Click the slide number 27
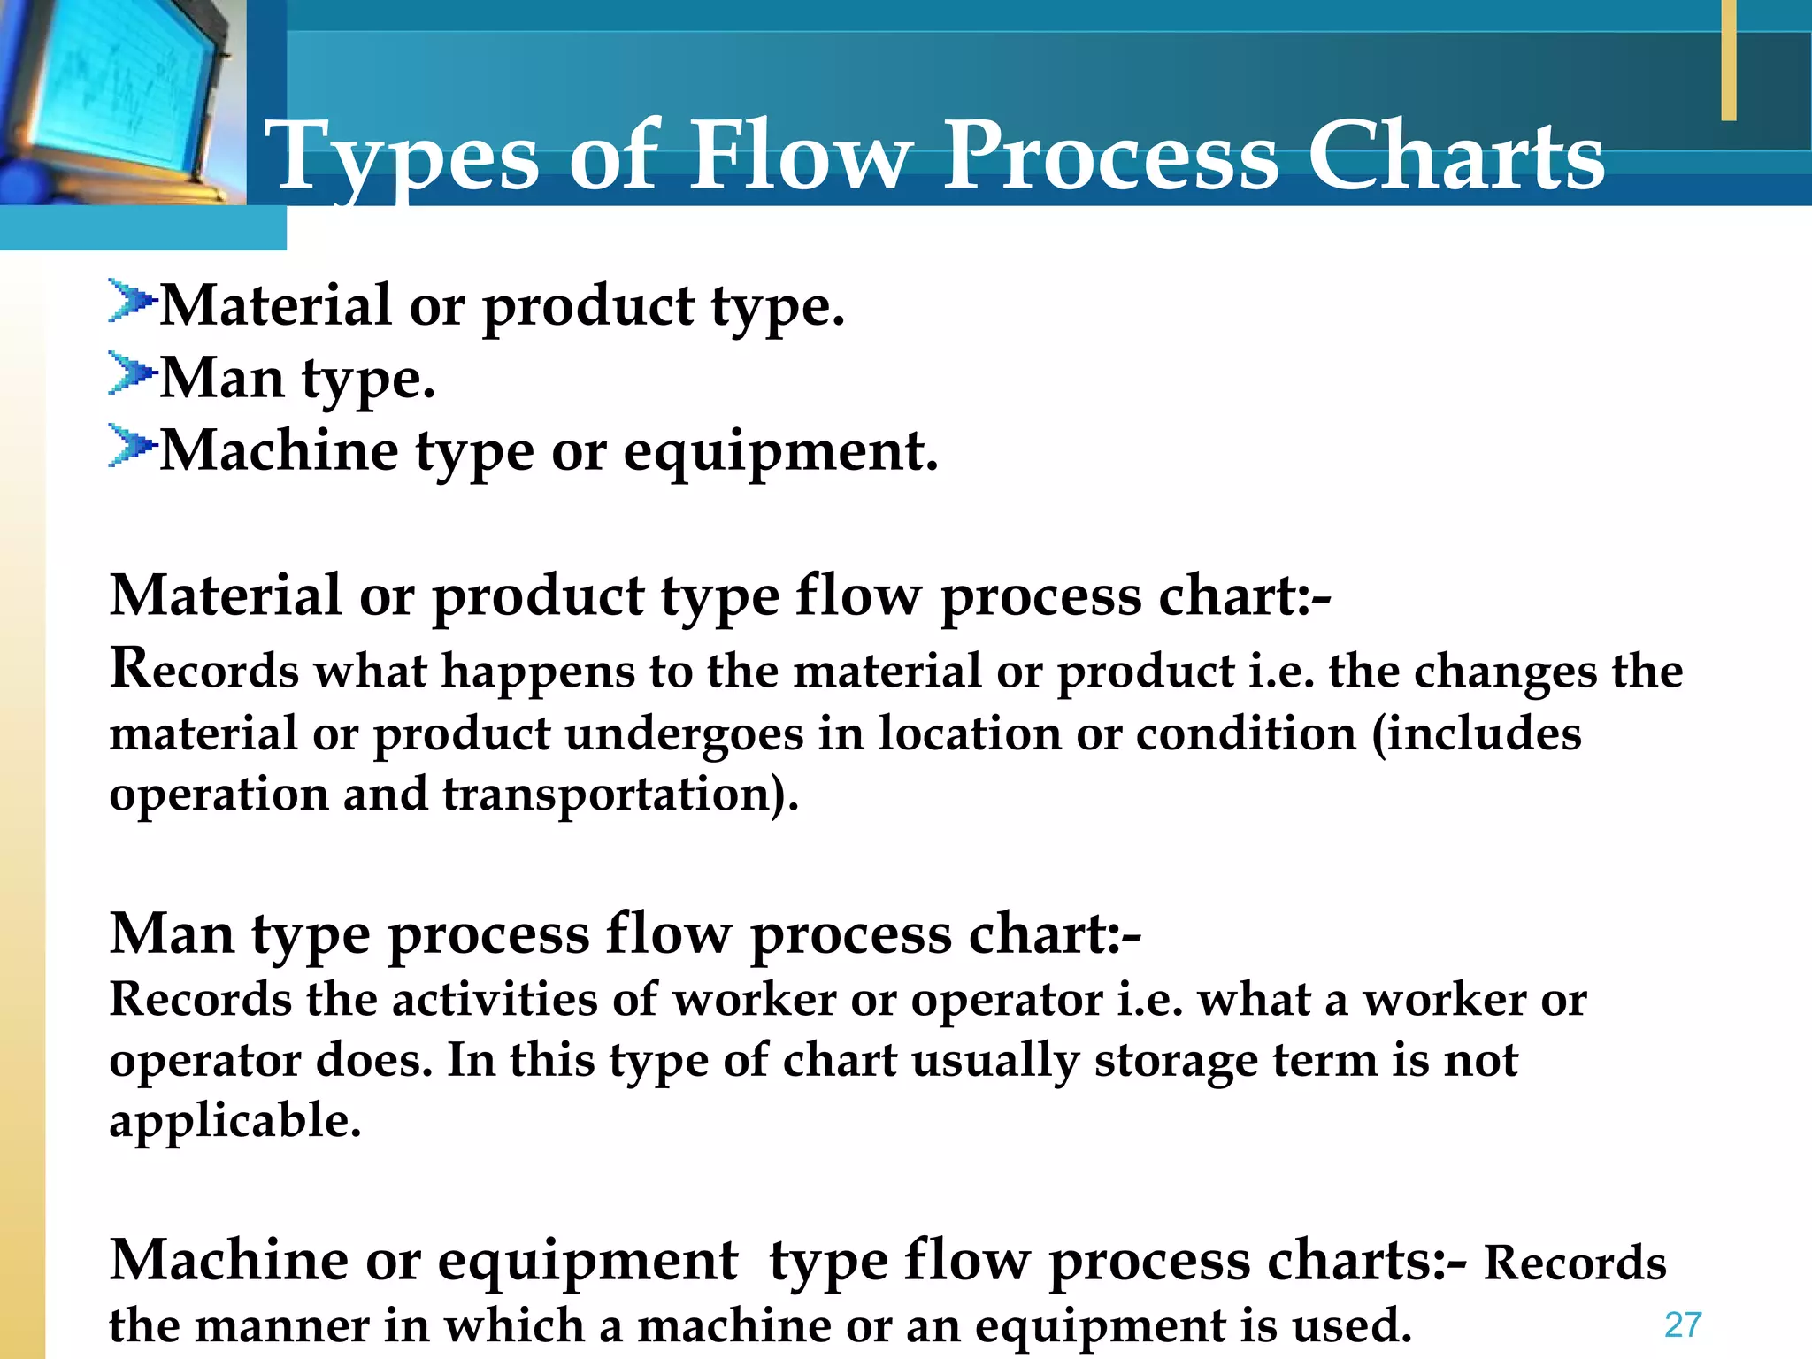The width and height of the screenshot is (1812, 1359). point(1682,1324)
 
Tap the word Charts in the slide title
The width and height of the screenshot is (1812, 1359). point(1455,157)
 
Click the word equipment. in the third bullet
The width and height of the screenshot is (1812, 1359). point(780,451)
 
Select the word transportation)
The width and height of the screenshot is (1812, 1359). point(620,794)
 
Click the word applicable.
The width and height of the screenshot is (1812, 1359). point(235,1121)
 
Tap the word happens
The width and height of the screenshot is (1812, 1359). point(538,672)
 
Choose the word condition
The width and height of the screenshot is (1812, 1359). point(1246,733)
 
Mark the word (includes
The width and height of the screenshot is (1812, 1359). point(1477,733)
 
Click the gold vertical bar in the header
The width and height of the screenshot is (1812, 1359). point(1728,60)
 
